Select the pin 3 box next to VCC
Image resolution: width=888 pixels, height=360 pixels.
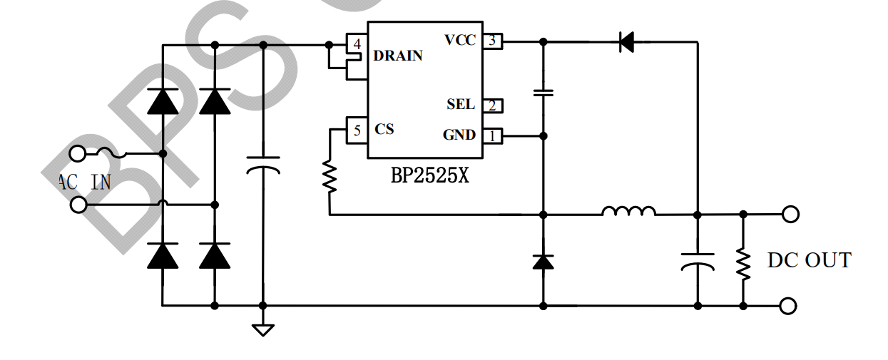coord(492,41)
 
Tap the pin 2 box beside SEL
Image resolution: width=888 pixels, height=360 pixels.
coord(492,106)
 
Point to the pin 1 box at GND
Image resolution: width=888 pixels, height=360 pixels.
coord(492,135)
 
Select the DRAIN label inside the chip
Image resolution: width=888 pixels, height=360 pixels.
coord(398,56)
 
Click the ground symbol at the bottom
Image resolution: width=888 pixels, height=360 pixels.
coord(263,329)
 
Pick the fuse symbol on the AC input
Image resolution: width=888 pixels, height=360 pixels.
coord(113,153)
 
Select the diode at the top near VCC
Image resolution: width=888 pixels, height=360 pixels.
coord(626,42)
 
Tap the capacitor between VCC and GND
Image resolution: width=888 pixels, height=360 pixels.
coord(543,93)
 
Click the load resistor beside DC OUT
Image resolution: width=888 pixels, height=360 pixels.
coord(743,264)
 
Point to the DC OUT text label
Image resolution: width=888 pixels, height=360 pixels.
coord(809,261)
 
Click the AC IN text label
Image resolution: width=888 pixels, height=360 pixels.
coord(84,182)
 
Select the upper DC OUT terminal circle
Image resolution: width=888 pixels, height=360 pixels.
coord(790,214)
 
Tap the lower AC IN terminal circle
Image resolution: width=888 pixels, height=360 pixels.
coord(78,205)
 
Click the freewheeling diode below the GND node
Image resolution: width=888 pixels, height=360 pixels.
coord(543,262)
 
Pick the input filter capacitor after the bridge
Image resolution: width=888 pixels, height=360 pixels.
coord(263,165)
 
